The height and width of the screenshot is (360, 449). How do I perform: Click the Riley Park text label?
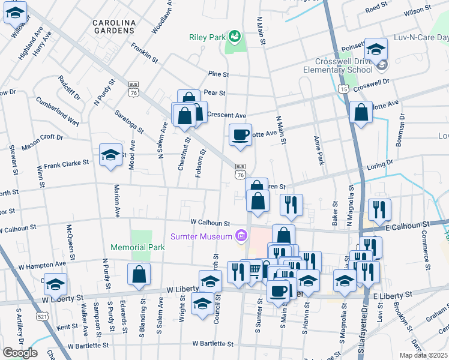207,37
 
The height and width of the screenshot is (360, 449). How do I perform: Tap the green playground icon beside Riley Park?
235,37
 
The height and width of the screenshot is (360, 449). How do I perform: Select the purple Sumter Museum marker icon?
241,236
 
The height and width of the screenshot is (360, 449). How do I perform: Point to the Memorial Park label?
137,247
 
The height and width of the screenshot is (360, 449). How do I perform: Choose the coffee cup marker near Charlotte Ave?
240,134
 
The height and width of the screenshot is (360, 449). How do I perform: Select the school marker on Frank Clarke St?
110,155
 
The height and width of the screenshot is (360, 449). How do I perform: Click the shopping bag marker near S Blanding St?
139,274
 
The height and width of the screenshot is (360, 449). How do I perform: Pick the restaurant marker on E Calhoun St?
379,209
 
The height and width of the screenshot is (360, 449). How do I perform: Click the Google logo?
20,352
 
